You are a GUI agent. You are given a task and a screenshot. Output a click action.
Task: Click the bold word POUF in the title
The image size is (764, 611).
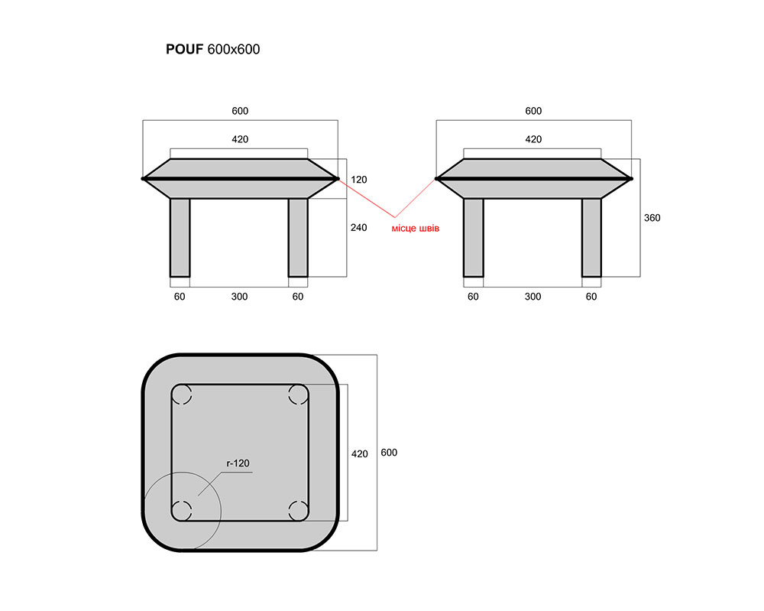(x=184, y=49)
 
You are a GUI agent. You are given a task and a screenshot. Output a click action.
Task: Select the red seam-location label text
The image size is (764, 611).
(x=416, y=228)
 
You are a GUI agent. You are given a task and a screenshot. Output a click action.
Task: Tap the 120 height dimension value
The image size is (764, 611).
(x=359, y=180)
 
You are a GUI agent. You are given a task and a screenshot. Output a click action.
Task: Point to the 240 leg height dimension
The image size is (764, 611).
(x=359, y=227)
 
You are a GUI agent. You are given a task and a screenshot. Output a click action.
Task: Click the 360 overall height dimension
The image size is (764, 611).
(x=652, y=217)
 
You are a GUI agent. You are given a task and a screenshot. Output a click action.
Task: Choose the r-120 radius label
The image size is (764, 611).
(x=238, y=463)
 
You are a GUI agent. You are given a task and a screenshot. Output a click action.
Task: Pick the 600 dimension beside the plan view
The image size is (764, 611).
(x=389, y=453)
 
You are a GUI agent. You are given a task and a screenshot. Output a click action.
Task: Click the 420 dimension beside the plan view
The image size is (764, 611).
(x=360, y=454)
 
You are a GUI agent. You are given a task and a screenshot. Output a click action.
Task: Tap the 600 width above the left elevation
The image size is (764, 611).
(x=240, y=111)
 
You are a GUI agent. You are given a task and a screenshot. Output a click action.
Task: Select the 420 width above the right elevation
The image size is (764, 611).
(x=533, y=139)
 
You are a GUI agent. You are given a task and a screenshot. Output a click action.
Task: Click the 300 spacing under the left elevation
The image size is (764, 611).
(x=240, y=297)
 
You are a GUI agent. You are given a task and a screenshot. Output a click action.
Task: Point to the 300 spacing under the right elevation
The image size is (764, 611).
(x=533, y=297)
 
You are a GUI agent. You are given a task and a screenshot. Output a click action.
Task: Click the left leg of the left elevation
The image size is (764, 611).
(x=180, y=238)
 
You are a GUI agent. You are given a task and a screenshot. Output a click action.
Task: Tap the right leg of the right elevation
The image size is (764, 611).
(x=591, y=238)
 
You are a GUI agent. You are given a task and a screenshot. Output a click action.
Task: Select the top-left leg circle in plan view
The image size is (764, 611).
(x=182, y=395)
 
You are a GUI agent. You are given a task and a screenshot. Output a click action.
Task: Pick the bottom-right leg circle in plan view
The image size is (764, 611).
(x=298, y=511)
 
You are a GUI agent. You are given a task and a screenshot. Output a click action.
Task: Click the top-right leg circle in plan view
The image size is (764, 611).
(x=298, y=395)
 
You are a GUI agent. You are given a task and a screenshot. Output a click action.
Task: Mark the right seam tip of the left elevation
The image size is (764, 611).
(x=338, y=179)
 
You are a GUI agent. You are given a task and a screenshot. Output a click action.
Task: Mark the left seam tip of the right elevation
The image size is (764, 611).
(x=436, y=179)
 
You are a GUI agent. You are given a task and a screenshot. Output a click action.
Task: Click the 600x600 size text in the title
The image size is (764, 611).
(x=234, y=49)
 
